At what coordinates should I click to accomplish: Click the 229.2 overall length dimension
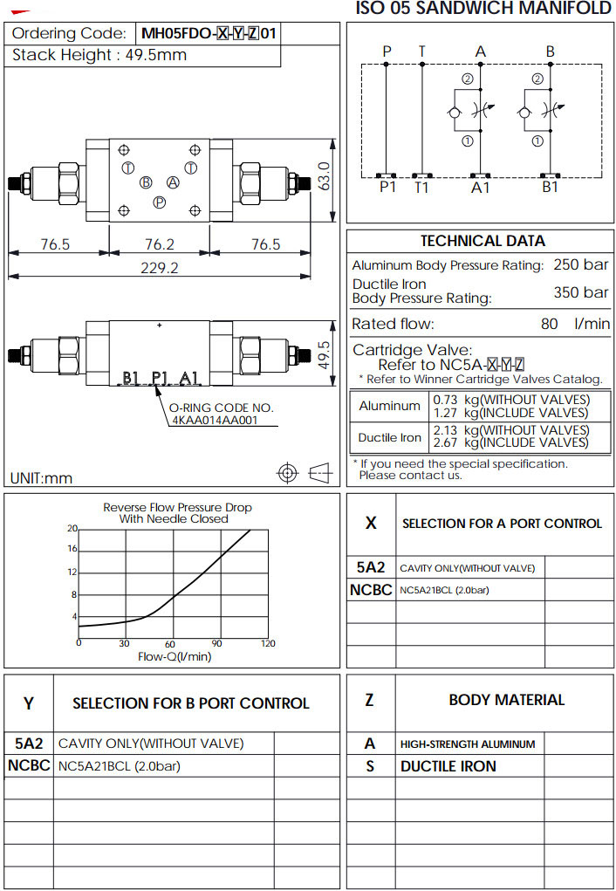159,268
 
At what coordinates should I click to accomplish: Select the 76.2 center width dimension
159,244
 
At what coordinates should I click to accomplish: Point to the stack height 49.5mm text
99,56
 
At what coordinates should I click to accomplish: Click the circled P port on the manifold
160,202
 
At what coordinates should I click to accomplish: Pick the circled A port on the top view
173,182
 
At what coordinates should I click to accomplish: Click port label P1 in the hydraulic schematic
387,187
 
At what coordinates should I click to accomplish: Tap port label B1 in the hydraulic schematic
550,187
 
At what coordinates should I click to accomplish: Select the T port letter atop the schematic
421,51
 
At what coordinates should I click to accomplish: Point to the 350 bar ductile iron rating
580,291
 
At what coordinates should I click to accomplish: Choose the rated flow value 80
549,324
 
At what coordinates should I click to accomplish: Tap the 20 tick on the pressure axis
73,529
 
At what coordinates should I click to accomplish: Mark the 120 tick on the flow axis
268,644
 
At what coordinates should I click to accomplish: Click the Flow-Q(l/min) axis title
175,656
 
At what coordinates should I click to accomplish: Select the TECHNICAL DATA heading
483,241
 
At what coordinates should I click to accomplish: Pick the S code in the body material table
370,766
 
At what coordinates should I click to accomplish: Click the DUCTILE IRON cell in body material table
448,766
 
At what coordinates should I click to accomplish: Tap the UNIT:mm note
41,478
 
